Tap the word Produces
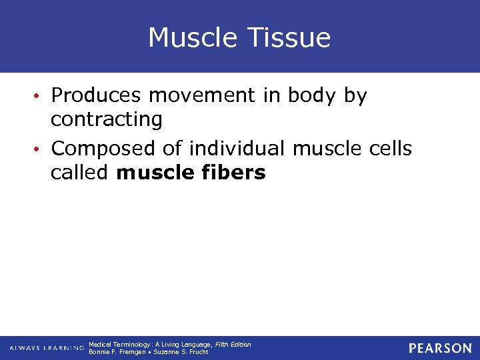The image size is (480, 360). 96,96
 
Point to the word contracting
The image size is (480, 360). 107,120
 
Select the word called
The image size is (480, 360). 80,173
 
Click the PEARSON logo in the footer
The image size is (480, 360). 440,348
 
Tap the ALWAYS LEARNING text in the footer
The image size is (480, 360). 47,348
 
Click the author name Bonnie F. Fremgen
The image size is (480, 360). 116,352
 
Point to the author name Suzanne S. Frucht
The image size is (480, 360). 181,352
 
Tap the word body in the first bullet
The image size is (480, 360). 313,96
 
